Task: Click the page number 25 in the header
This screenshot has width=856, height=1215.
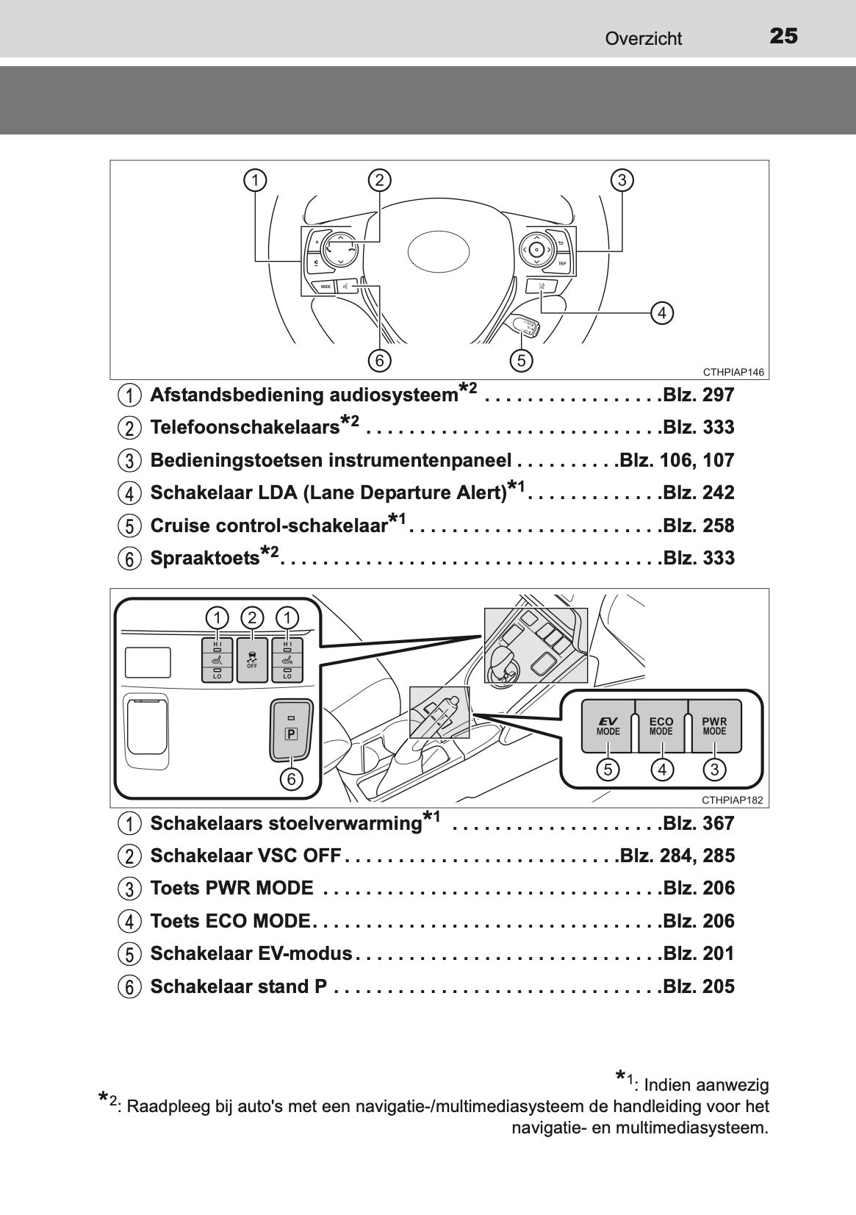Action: [x=783, y=36]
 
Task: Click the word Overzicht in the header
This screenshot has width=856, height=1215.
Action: [x=643, y=38]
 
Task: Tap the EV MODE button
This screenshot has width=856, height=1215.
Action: [x=608, y=726]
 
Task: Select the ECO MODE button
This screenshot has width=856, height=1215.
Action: [x=661, y=726]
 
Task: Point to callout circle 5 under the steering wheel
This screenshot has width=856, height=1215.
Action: [x=521, y=360]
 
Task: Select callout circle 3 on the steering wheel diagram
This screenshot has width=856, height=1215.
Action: [x=622, y=180]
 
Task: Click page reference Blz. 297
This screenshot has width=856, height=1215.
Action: [x=698, y=395]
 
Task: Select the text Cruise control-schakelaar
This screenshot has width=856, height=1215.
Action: [x=268, y=526]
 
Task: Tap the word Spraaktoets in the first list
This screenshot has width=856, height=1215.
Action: [x=204, y=559]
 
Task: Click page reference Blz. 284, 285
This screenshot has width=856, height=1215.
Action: [x=677, y=856]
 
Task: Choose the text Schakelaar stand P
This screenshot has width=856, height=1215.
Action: [x=238, y=987]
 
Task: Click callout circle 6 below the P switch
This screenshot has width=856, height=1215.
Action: [x=291, y=778]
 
